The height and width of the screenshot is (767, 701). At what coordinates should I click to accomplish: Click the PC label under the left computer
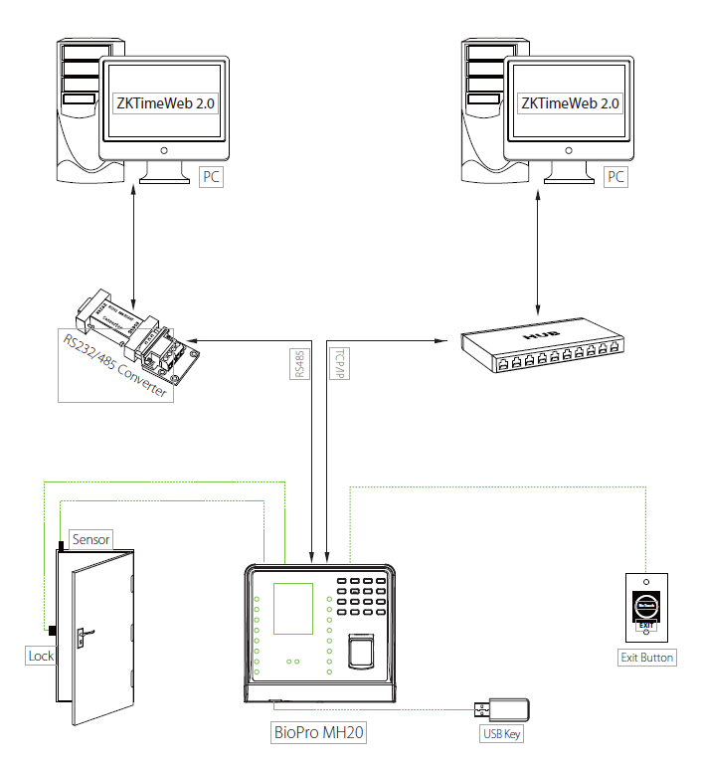(212, 177)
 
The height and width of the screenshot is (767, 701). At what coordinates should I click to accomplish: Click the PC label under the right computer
(616, 177)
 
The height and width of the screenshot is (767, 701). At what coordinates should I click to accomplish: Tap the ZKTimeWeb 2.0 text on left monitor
(166, 102)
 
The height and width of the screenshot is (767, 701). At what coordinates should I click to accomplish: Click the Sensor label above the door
(91, 538)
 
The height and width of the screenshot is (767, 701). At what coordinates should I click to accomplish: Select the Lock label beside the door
(41, 656)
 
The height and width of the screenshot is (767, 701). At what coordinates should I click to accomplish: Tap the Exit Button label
(646, 658)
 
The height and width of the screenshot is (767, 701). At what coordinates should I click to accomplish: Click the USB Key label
(500, 734)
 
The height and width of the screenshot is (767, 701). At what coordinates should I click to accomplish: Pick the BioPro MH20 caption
(319, 733)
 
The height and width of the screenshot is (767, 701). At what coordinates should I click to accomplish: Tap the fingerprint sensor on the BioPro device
(361, 656)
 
